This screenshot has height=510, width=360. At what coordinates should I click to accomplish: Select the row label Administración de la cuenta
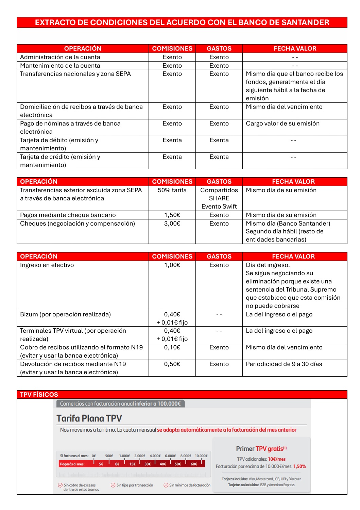(x=60, y=57)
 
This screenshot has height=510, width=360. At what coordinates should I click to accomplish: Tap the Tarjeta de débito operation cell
(x=59, y=144)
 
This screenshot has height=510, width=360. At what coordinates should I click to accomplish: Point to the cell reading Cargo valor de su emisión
(x=282, y=124)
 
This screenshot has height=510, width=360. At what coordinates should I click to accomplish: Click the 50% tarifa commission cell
(x=172, y=190)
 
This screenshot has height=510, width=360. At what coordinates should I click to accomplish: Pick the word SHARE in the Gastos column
(x=219, y=198)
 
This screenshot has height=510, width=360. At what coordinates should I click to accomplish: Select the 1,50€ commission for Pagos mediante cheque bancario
(x=172, y=215)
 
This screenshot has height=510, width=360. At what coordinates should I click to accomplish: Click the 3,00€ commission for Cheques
(x=172, y=224)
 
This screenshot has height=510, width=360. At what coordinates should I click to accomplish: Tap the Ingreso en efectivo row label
(x=47, y=265)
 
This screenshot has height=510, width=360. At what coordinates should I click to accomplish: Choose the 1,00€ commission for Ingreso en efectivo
(x=172, y=265)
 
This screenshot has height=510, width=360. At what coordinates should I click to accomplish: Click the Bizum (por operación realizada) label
(x=65, y=314)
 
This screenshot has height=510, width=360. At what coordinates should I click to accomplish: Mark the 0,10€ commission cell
(x=172, y=347)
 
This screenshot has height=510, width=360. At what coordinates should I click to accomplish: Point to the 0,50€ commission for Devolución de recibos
(x=172, y=364)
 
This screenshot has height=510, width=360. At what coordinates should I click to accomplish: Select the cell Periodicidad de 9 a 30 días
(x=284, y=364)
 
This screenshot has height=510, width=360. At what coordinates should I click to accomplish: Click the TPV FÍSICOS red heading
(x=39, y=395)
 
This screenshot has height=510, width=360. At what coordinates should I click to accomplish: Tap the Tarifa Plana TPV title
(x=89, y=418)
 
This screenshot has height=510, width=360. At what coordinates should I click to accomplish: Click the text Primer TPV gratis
(x=261, y=449)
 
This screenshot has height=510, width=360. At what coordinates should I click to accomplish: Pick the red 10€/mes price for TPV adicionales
(x=277, y=459)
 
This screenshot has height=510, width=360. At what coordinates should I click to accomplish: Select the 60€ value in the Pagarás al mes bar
(x=194, y=464)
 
